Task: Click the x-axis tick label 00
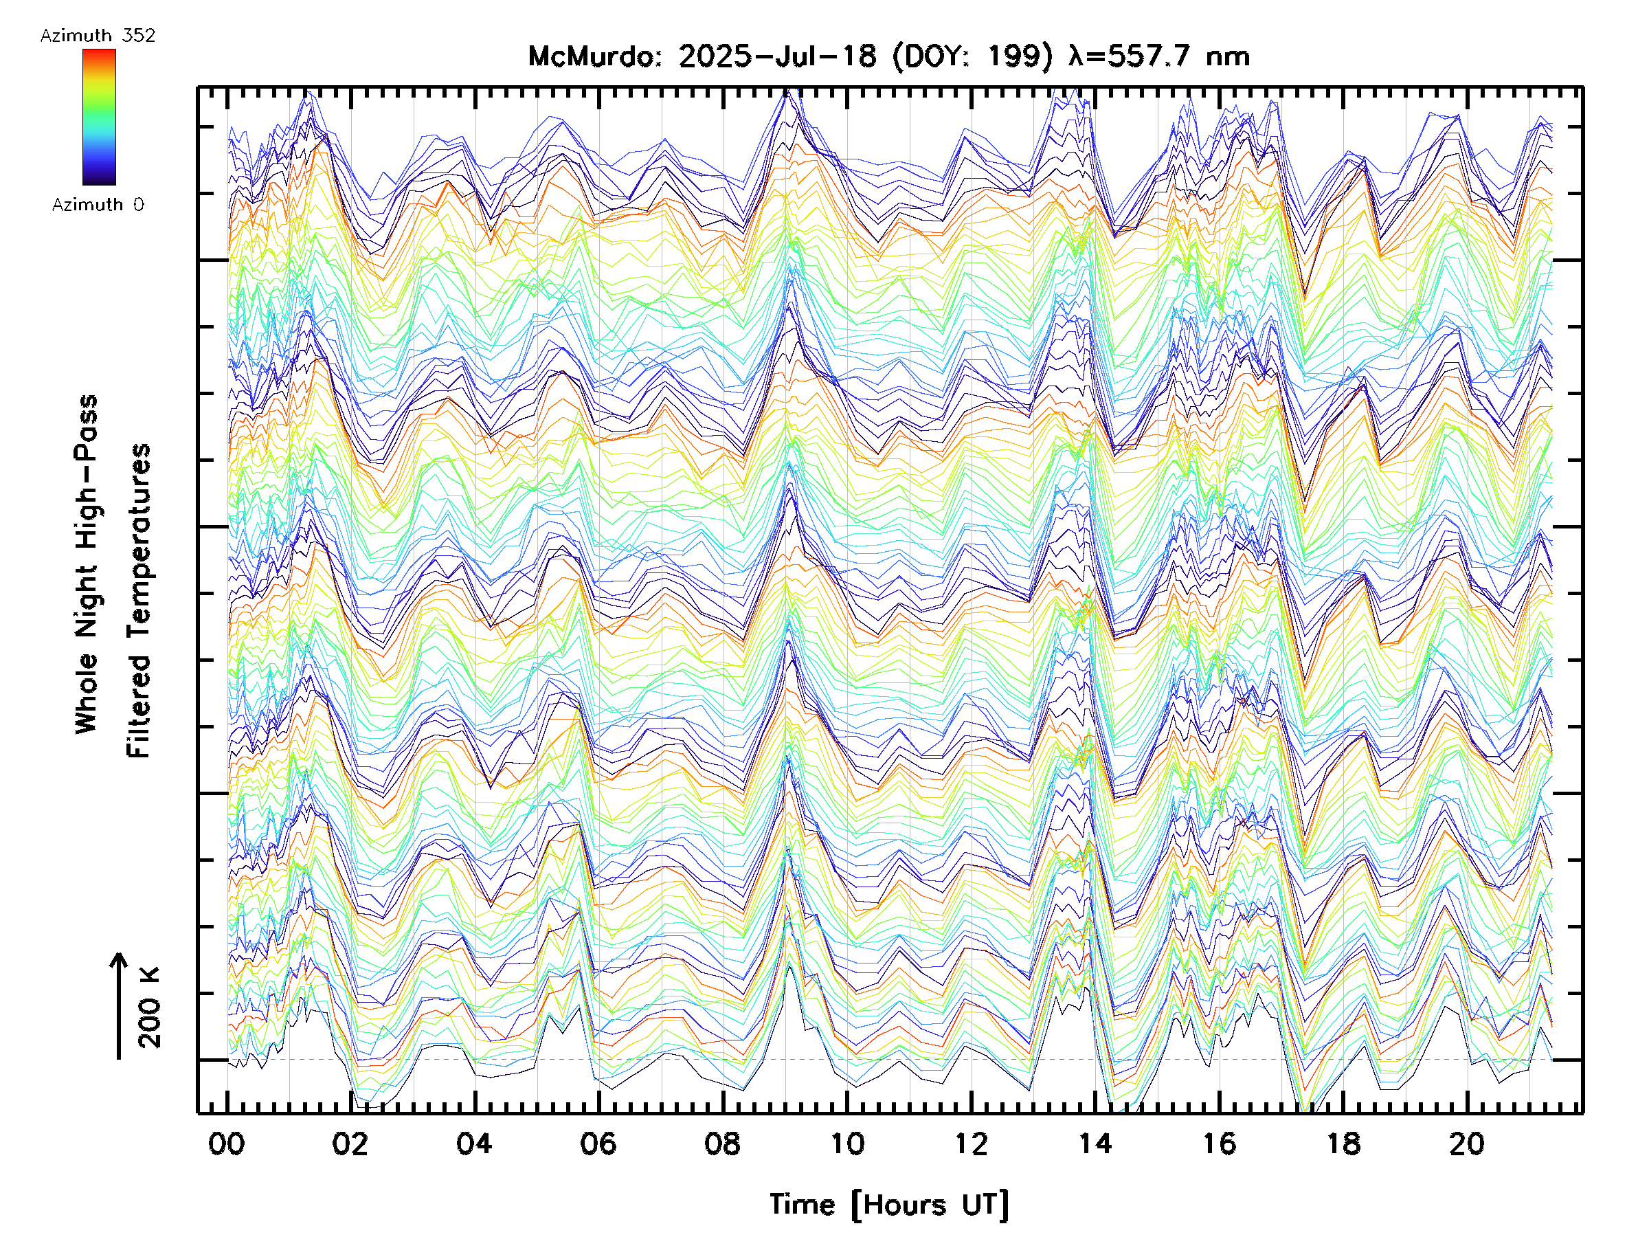click(227, 1144)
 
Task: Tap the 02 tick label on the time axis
click(350, 1144)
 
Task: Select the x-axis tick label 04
click(474, 1144)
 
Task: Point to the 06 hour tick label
click(598, 1144)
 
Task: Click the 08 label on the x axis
click(722, 1144)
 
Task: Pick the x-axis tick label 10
click(847, 1144)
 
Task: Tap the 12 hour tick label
click(971, 1144)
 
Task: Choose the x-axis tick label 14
click(1095, 1144)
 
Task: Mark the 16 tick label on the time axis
click(1219, 1144)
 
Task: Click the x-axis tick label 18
click(1343, 1144)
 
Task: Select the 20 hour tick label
click(1467, 1144)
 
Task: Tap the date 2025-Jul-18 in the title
click(777, 56)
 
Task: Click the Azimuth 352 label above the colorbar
click(98, 36)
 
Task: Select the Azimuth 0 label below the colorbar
click(98, 204)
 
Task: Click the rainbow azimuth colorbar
click(99, 117)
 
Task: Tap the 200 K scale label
click(150, 1007)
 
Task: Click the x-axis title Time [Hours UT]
click(889, 1205)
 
